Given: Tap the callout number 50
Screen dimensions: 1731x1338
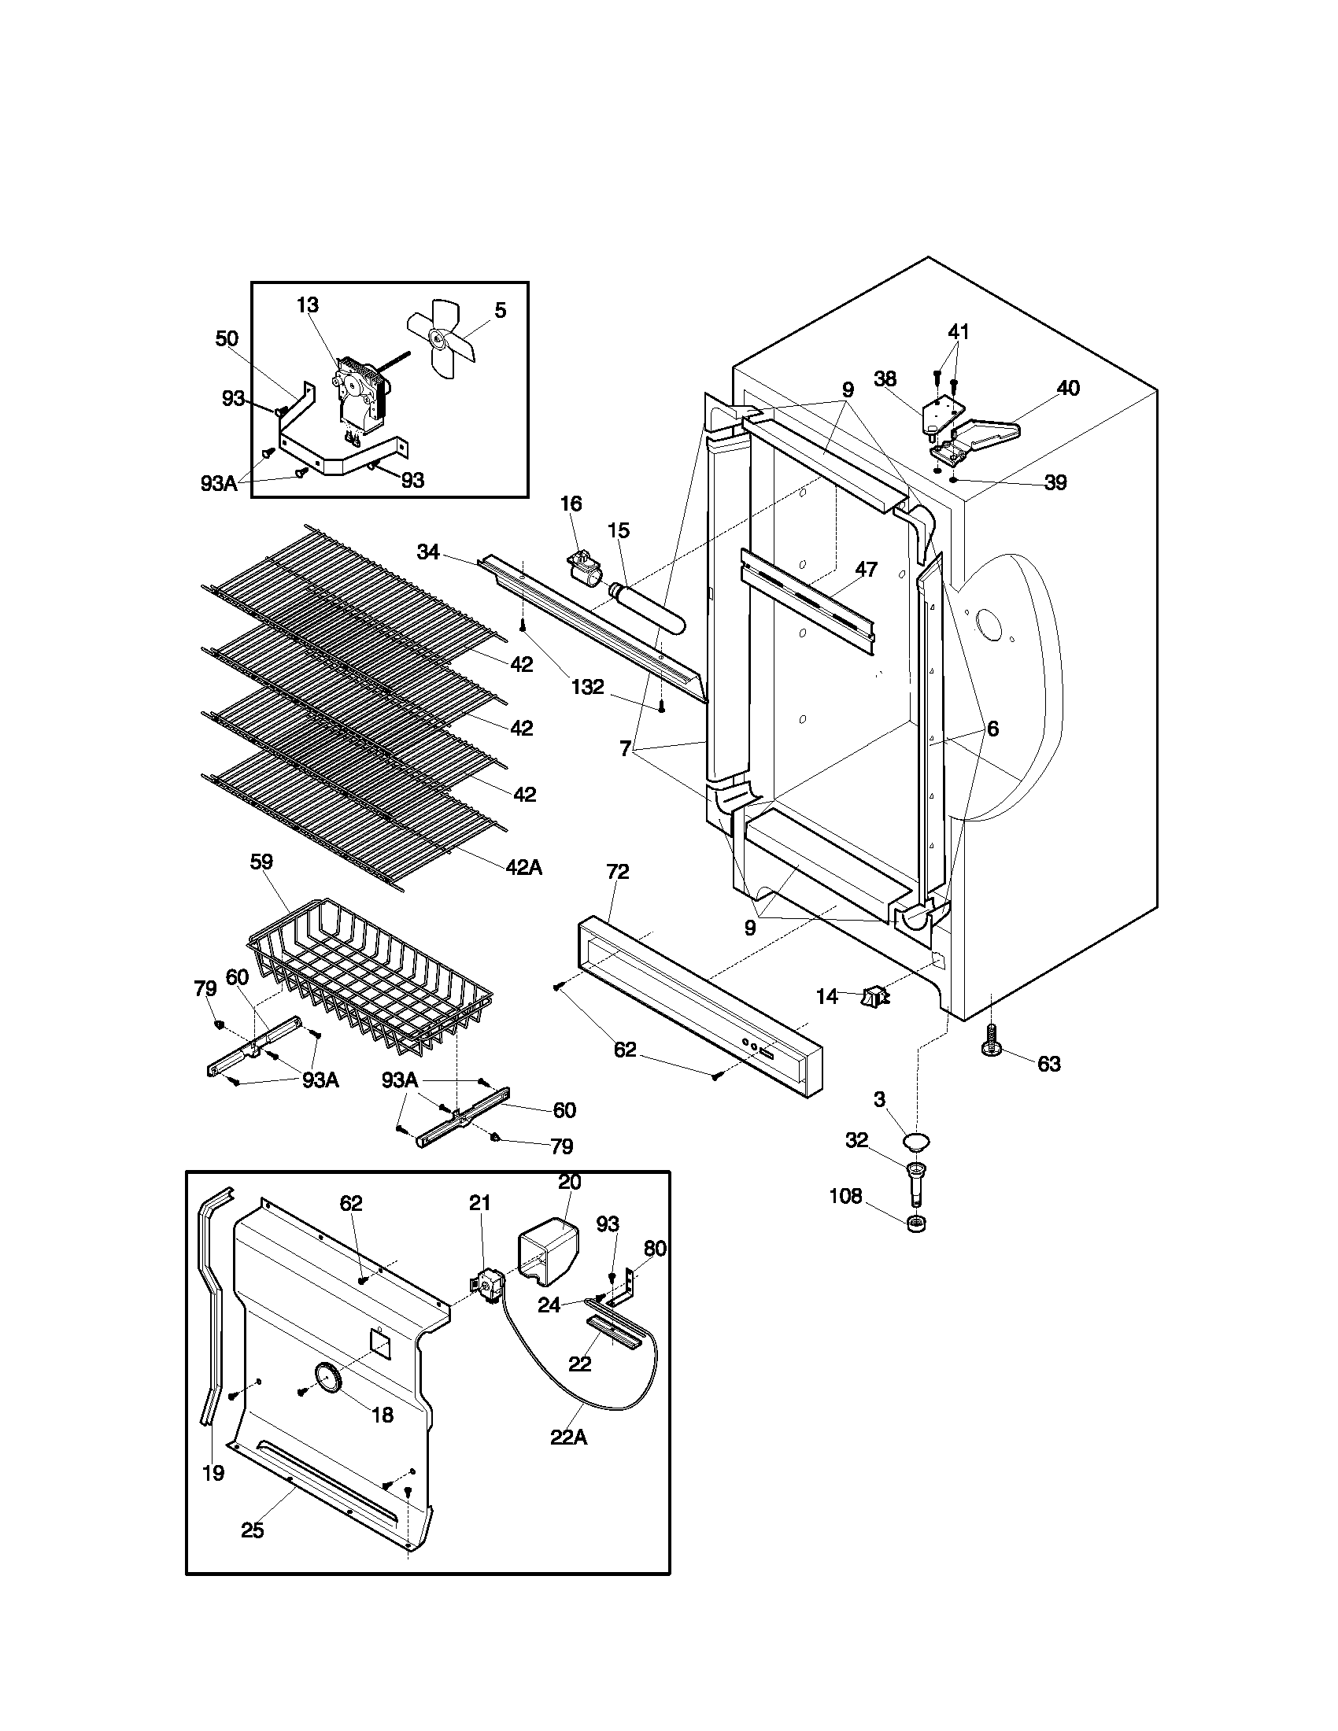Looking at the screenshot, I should pyautogui.click(x=227, y=339).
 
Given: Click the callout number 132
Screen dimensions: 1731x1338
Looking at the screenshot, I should pyautogui.click(x=587, y=687).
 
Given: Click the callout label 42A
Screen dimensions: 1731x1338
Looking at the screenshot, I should pyautogui.click(x=524, y=867).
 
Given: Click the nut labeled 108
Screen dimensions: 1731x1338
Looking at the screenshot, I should pyautogui.click(x=916, y=1223).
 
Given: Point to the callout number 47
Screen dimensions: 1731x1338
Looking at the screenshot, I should pyautogui.click(x=867, y=569).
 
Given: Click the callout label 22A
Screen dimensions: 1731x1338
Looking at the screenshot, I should pyautogui.click(x=569, y=1436).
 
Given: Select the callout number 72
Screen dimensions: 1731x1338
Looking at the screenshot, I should pyautogui.click(x=618, y=872).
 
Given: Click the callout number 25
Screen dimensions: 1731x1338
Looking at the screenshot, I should pyautogui.click(x=252, y=1530).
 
